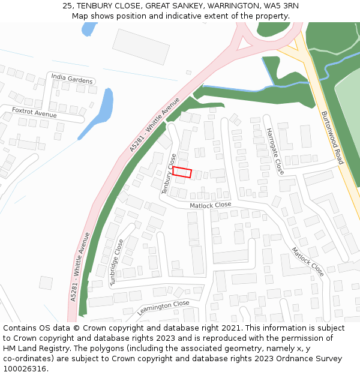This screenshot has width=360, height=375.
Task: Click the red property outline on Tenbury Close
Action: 182,172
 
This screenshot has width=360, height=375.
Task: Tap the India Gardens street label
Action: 72,79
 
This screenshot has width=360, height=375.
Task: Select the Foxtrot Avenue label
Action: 34,112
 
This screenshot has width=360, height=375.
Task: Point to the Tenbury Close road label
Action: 169,173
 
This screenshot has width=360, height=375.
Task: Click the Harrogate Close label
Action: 275,151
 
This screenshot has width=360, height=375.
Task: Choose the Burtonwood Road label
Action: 332,137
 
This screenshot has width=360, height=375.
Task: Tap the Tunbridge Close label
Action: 117,262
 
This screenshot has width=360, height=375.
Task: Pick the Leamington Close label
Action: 163,308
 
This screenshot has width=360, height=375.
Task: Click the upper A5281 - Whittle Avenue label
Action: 155,124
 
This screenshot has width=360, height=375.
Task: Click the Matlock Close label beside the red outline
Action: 210,205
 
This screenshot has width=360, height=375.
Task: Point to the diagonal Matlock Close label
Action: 308,261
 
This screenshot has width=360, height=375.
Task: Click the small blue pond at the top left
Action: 89,29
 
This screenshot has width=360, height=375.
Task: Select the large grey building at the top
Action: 141,47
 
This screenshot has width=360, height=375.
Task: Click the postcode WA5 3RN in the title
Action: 281,6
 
